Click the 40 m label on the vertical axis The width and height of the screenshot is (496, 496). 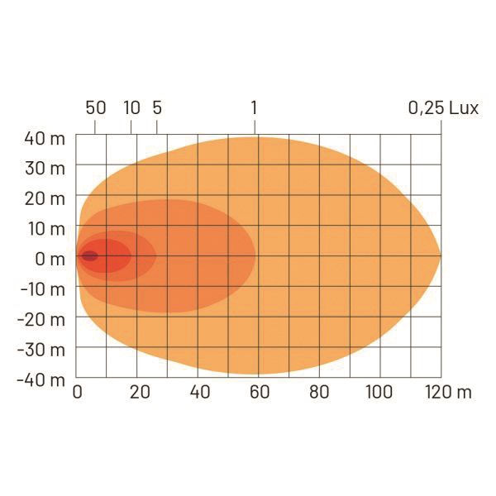(x=44, y=138)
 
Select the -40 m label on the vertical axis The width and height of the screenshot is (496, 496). (x=41, y=380)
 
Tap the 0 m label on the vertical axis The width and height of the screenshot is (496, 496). (x=50, y=259)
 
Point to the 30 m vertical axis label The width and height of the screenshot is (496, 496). (x=44, y=169)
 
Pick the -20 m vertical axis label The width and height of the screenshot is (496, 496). (x=41, y=320)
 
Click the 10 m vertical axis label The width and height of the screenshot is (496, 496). (x=45, y=229)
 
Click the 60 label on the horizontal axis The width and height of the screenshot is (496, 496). (x=259, y=392)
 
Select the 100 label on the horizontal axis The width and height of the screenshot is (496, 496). (x=379, y=392)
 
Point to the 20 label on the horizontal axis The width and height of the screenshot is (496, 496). (x=139, y=392)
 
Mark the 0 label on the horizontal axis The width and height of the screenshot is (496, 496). (x=78, y=392)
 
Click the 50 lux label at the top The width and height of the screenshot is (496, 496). (x=96, y=107)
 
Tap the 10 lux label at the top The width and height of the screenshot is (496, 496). (x=131, y=107)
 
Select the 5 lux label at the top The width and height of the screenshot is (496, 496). (x=157, y=107)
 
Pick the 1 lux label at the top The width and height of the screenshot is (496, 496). (x=254, y=107)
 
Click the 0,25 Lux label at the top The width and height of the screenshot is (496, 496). (x=443, y=107)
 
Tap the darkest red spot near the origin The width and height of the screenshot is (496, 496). (x=89, y=256)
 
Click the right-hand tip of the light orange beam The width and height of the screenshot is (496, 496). (x=439, y=256)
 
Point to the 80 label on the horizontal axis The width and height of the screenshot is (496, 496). (x=319, y=392)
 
